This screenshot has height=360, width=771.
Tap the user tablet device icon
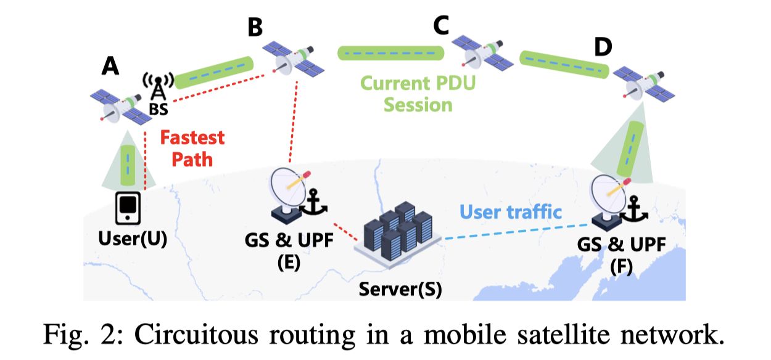[128, 208]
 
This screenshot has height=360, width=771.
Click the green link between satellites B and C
[390, 54]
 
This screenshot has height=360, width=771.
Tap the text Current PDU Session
[418, 93]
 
